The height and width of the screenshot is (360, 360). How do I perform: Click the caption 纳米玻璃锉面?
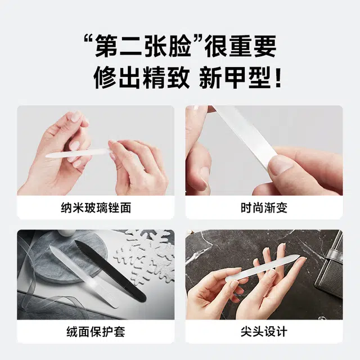coord(96,208)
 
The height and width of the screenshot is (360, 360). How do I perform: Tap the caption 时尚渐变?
coord(264,208)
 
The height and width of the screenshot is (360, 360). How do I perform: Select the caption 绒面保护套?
coord(96,331)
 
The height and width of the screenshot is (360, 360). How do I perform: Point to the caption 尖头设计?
coord(264,331)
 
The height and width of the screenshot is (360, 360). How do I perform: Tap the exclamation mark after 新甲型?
coord(278,78)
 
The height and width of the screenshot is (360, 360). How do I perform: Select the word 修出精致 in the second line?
coord(142,78)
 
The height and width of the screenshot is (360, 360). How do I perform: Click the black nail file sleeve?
coord(111,271)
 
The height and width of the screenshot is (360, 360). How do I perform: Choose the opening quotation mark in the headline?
coord(89,40)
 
